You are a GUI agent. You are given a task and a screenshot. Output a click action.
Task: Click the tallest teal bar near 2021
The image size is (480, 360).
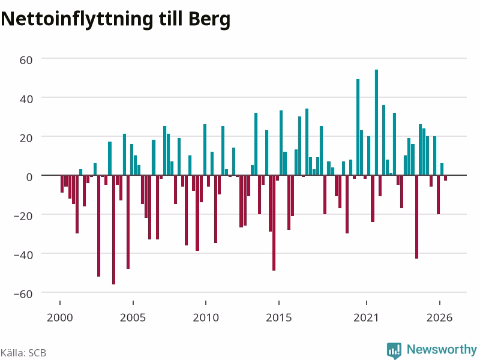pyautogui.click(x=376, y=122)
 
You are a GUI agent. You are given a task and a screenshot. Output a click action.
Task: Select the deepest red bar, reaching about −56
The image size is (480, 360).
pyautogui.click(x=113, y=230)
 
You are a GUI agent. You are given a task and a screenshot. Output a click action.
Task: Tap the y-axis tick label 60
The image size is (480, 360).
pyautogui.click(x=26, y=60)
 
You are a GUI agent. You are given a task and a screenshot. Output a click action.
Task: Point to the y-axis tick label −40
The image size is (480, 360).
pyautogui.click(x=23, y=254)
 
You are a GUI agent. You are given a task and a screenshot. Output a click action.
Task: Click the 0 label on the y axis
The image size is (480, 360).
pyautogui.click(x=29, y=177)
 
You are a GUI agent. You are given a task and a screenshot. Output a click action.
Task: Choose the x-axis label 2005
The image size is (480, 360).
pyautogui.click(x=133, y=317)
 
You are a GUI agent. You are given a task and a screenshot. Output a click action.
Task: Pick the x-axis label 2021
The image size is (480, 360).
pyautogui.click(x=366, y=317)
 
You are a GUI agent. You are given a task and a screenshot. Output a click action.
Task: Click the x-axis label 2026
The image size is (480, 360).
pyautogui.click(x=439, y=317)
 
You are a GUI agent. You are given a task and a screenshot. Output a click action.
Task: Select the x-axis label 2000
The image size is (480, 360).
pyautogui.click(x=60, y=317)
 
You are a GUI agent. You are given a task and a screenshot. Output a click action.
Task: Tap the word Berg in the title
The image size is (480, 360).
pyautogui.click(x=209, y=20)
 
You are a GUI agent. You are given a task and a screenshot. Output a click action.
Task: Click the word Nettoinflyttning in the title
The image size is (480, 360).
pyautogui.click(x=77, y=20)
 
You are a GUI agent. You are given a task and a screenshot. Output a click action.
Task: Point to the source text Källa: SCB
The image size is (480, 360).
pyautogui.click(x=23, y=353)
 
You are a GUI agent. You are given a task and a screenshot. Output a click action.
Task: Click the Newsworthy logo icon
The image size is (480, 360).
pyautogui.click(x=394, y=350)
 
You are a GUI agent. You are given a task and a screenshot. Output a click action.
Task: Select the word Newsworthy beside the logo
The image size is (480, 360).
pyautogui.click(x=442, y=349)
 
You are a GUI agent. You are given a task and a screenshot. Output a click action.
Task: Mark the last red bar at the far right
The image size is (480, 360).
pyautogui.click(x=445, y=178)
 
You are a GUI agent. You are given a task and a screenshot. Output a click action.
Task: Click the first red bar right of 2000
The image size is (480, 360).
pyautogui.click(x=62, y=184)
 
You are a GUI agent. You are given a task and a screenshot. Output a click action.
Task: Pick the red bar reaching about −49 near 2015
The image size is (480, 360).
pyautogui.click(x=274, y=223)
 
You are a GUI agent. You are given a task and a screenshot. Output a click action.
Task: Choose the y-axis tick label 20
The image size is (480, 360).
pyautogui.click(x=26, y=138)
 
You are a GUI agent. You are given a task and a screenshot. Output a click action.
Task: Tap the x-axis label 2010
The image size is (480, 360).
pyautogui.click(x=206, y=317)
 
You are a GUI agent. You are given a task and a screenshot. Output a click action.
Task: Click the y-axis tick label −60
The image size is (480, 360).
pyautogui.click(x=23, y=294)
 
